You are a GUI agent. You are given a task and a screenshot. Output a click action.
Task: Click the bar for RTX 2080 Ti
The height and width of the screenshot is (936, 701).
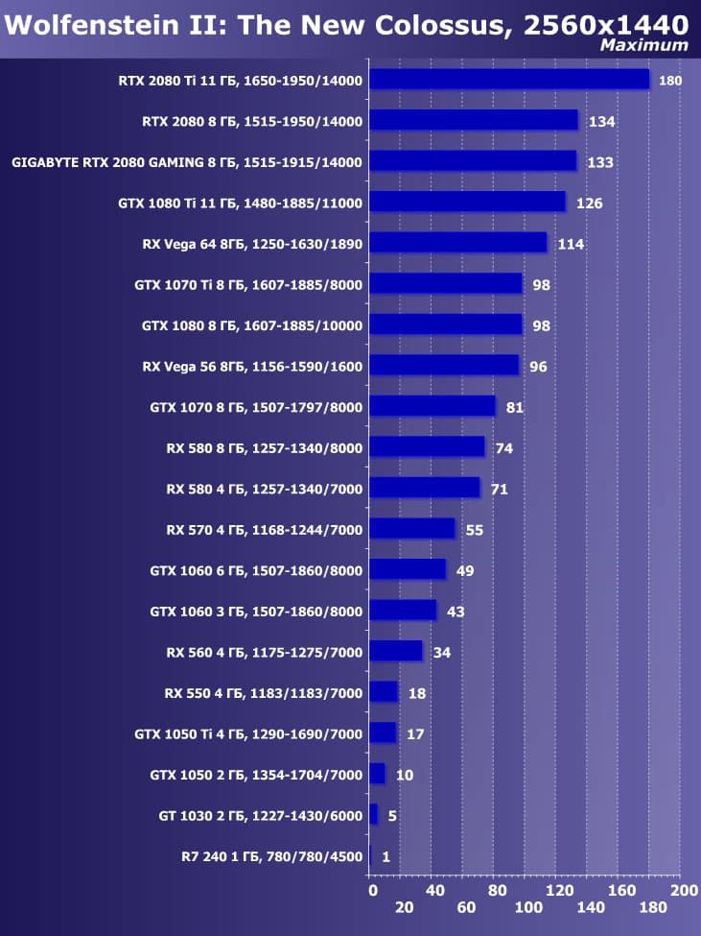coord(508,79)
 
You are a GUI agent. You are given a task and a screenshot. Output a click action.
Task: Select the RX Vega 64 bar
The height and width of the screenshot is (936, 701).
coord(457,242)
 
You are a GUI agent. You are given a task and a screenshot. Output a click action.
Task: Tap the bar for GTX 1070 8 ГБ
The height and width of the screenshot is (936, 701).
coord(432,406)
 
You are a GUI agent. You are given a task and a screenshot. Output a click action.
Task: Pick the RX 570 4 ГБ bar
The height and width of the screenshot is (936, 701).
coord(411,528)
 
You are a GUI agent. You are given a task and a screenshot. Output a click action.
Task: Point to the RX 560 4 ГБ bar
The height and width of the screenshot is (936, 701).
coord(395,651)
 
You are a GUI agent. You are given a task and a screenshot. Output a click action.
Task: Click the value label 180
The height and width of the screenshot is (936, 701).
coord(670,81)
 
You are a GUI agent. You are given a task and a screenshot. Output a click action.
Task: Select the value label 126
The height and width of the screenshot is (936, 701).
coord(589,203)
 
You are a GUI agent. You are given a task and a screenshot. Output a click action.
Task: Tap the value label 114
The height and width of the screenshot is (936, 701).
coord(571,244)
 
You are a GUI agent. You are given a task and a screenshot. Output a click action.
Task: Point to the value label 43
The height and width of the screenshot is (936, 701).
coord(456,612)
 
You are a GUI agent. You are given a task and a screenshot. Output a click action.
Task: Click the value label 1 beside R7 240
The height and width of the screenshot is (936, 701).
coord(386,857)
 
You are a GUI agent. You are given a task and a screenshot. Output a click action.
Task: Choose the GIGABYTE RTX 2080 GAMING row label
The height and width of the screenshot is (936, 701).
coord(187,162)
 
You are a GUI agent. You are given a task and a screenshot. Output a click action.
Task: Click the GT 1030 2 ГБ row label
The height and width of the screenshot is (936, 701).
coord(260,816)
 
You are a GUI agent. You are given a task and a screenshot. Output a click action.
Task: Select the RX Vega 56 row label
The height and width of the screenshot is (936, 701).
coord(252,366)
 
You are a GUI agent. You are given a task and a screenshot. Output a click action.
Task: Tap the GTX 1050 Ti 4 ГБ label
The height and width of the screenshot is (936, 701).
coord(248,734)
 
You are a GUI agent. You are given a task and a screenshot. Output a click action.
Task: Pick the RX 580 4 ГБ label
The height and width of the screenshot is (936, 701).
coord(264,489)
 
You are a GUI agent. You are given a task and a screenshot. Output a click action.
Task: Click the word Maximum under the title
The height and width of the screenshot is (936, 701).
coord(643,45)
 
